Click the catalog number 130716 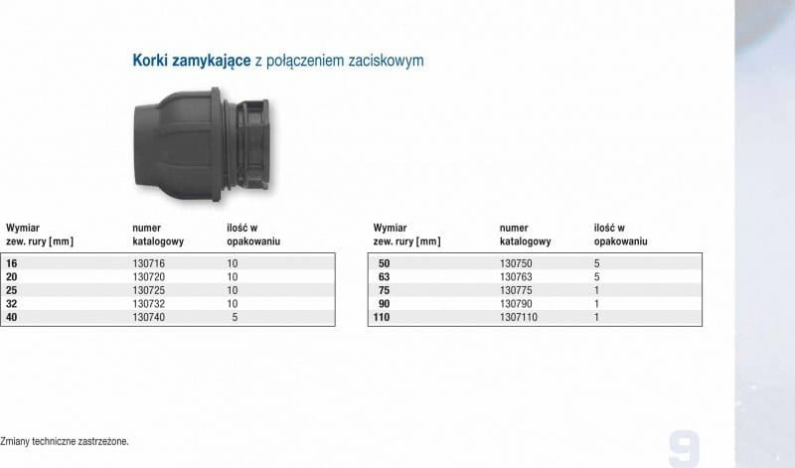click(x=148, y=263)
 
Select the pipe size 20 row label click(x=11, y=277)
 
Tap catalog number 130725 click(x=148, y=290)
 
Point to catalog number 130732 click(x=148, y=304)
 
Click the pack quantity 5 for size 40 click(x=235, y=317)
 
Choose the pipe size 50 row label click(x=384, y=263)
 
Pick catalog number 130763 click(x=516, y=277)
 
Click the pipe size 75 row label click(x=384, y=290)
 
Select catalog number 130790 click(x=516, y=304)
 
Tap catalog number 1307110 click(x=518, y=317)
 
